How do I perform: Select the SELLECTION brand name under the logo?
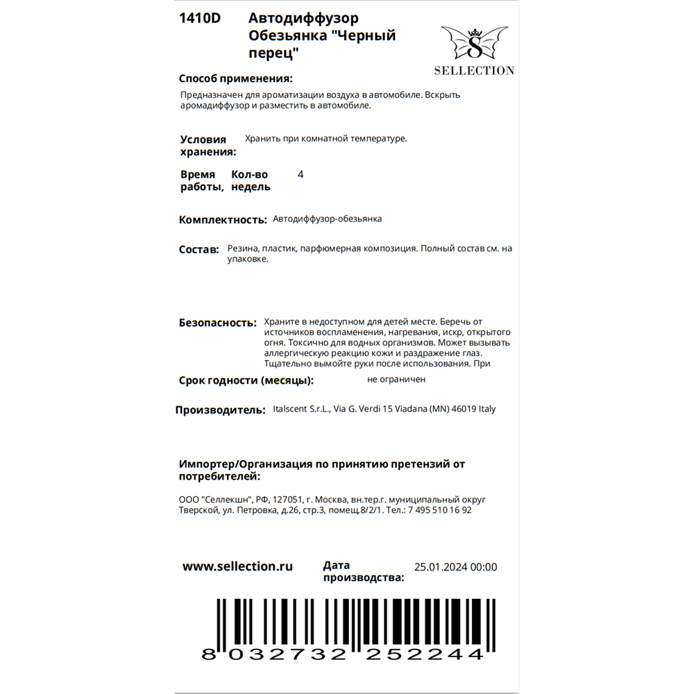coord(474,70)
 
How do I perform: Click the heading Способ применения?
coord(235,78)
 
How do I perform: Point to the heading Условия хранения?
coord(208,146)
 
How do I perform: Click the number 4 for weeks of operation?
coord(300,175)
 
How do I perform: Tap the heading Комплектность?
coord(223,220)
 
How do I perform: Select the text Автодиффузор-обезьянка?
coord(328,219)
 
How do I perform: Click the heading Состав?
coord(198,250)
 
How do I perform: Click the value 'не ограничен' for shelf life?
coord(396,380)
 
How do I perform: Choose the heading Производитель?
coord(220,410)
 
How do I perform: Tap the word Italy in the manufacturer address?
coord(487,409)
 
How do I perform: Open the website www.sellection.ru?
coord(237,566)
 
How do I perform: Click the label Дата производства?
coord(363,571)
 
